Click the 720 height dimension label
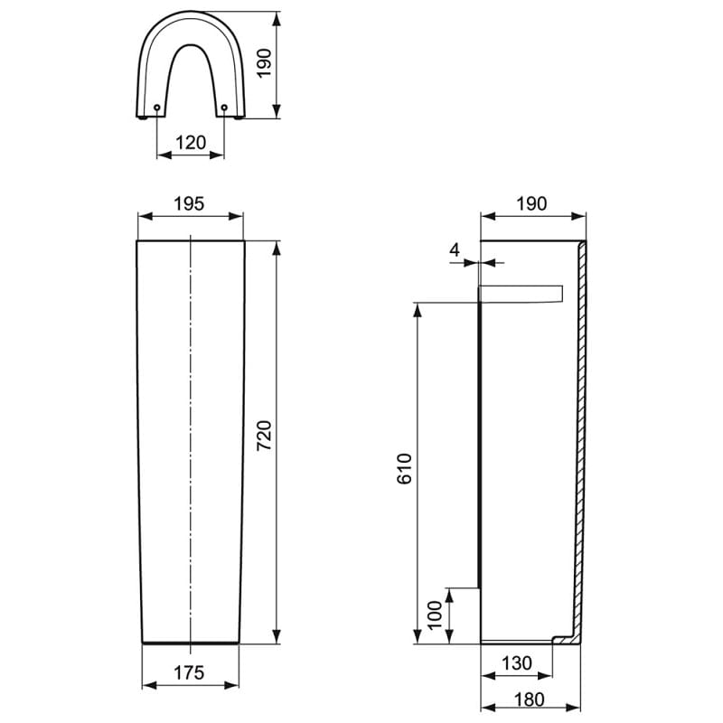[264, 436]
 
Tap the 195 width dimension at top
[189, 203]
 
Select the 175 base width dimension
[189, 672]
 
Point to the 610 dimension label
[404, 468]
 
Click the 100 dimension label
[435, 615]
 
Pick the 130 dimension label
[516, 663]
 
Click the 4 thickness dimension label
[455, 250]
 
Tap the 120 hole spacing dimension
[191, 143]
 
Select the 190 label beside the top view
[264, 63]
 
